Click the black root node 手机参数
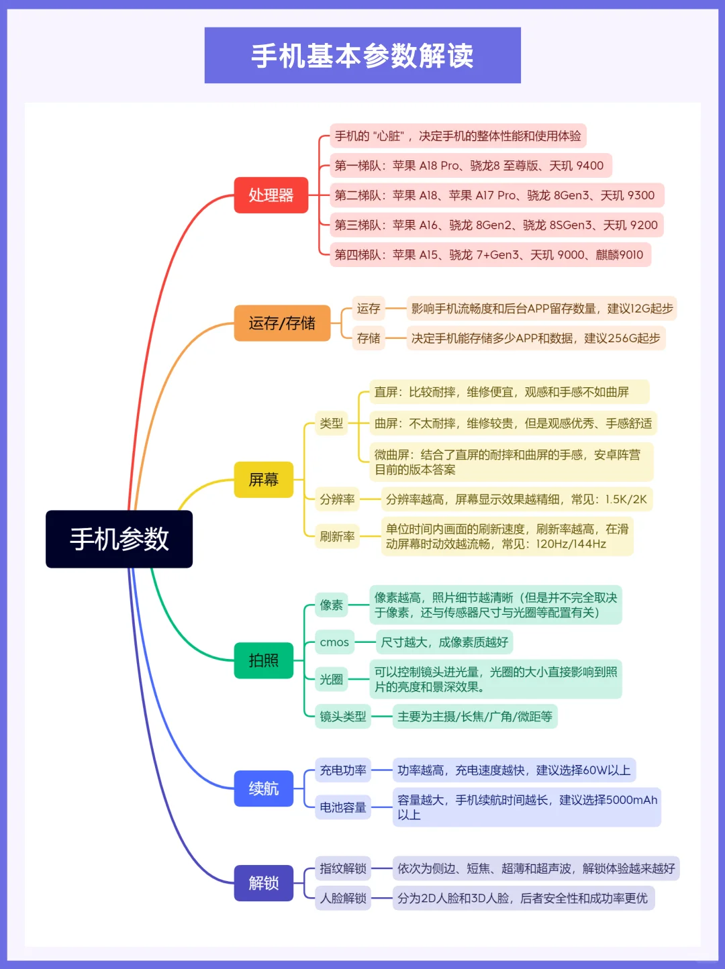pos(119,539)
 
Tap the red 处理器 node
pos(271,195)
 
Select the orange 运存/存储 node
pos(282,323)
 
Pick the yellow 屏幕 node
pos(264,479)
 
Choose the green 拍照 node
pos(264,660)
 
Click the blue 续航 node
pos(264,788)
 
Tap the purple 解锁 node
pos(264,883)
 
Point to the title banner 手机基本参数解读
pos(362,55)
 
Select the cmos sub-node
pos(334,642)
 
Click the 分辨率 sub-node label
pos(337,499)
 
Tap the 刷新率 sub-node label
pos(337,536)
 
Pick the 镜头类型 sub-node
pos(342,716)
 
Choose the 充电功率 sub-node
pos(342,770)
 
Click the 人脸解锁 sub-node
pos(342,898)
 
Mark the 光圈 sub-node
pos(331,679)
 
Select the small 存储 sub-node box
pos(369,338)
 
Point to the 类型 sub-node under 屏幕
pos(331,423)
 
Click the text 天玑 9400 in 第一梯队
pos(576,166)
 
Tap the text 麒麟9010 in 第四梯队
pos(619,255)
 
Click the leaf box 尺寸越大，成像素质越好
pos(444,642)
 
